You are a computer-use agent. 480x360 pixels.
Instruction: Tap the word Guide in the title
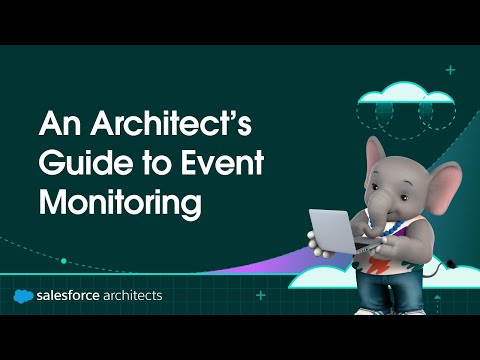pyautogui.click(x=76, y=163)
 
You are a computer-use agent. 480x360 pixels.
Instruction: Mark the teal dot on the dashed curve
pyautogui.click(x=64, y=261)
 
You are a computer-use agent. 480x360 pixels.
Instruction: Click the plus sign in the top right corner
pyautogui.click(x=450, y=71)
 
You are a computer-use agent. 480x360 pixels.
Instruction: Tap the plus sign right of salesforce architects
pyautogui.click(x=261, y=296)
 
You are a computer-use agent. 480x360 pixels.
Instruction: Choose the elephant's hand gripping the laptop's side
pyautogui.click(x=313, y=240)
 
